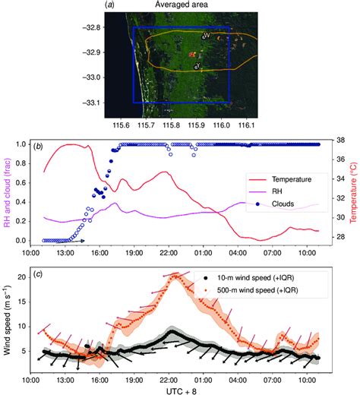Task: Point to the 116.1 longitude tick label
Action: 247,122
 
